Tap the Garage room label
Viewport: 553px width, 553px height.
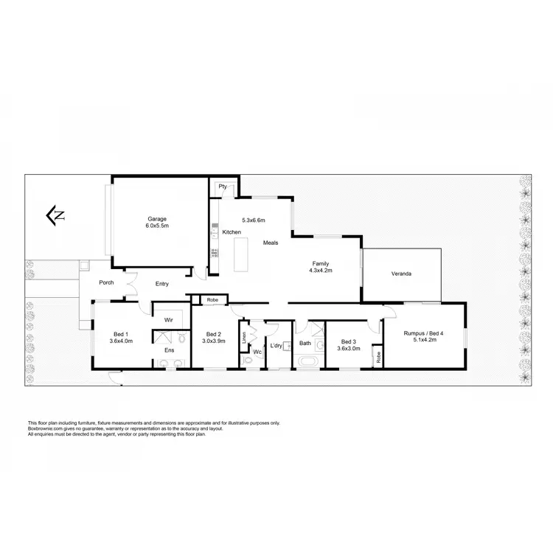(x=157, y=218)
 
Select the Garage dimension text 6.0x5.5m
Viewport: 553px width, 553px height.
(x=157, y=226)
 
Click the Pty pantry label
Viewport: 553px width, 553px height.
(x=222, y=187)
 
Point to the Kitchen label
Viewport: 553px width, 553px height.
(x=232, y=233)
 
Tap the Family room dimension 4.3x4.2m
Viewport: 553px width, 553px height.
(x=320, y=270)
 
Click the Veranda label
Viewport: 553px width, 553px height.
(x=401, y=274)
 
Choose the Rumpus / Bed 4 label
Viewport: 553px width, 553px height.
(x=424, y=334)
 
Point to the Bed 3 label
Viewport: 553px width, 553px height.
(x=349, y=341)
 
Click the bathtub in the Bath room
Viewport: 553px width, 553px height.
(x=306, y=362)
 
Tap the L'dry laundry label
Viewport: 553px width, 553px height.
(x=276, y=345)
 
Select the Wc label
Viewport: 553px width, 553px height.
(x=257, y=352)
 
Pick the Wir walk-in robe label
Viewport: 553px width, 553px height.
(x=168, y=320)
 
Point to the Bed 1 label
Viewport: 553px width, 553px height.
(x=119, y=334)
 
